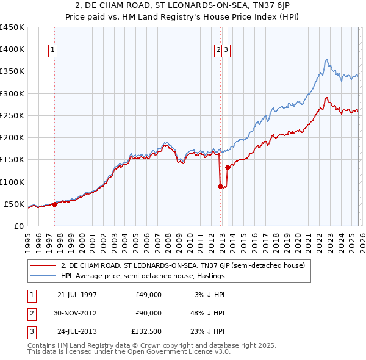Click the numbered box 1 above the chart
pos(53,51)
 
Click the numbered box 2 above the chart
pos(218,51)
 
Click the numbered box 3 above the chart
pos(226,51)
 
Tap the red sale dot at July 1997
pos(55,204)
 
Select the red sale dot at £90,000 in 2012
pos(220,187)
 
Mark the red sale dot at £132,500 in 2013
pos(228,167)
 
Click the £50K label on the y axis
pos(14,204)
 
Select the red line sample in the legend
pos(43,265)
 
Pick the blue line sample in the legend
pos(43,276)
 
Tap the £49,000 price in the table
pos(148,294)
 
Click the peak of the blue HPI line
pos(326,59)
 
